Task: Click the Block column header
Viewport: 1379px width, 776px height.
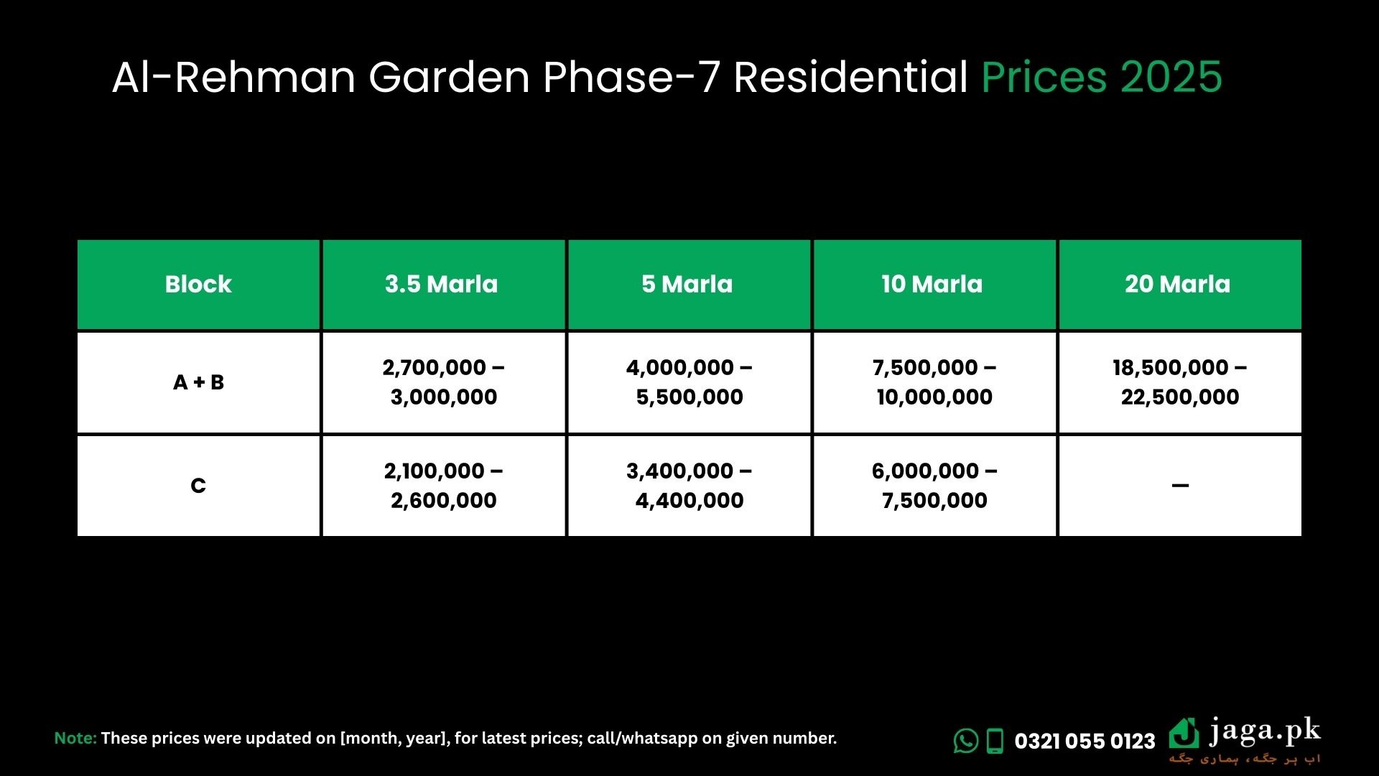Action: (198, 285)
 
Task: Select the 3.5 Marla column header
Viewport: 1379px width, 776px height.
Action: (441, 285)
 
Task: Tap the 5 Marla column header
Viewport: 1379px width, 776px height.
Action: (687, 285)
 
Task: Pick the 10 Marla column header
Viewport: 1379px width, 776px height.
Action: (932, 285)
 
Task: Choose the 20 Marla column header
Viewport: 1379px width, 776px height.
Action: (1178, 285)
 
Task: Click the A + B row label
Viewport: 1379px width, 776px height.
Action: (199, 382)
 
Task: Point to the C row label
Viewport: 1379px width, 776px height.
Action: (198, 486)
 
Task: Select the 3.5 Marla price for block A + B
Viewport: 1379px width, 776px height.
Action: (444, 382)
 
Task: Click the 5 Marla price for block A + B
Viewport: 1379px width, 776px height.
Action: (689, 382)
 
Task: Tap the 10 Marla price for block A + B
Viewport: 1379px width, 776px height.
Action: (934, 382)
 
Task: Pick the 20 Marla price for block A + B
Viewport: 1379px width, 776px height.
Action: (1180, 382)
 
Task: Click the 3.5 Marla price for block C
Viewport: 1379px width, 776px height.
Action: (444, 486)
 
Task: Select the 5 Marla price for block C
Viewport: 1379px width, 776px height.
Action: (689, 486)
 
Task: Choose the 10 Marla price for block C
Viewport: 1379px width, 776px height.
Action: (934, 486)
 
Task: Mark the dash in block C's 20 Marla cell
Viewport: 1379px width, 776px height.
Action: (1180, 486)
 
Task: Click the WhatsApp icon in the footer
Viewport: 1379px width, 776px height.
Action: (966, 741)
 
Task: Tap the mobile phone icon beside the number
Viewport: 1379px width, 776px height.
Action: (995, 741)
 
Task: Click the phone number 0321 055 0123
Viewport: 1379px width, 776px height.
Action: (1085, 742)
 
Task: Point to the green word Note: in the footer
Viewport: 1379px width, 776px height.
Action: (75, 738)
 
